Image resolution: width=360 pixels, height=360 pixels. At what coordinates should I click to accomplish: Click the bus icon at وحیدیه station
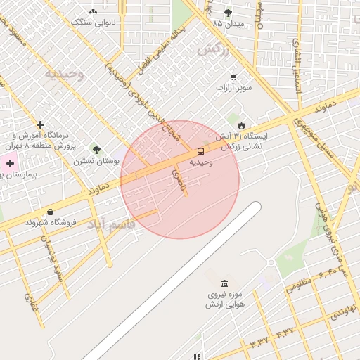[x=201, y=151]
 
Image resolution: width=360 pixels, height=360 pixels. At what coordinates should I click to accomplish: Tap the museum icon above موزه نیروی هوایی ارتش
[x=224, y=283]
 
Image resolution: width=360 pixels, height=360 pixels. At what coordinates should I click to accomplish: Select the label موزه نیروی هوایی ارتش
[x=224, y=300]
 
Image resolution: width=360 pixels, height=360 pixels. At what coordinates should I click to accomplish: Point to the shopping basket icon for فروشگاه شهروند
[x=50, y=212]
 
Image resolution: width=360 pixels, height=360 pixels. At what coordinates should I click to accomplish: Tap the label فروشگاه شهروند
[x=50, y=222]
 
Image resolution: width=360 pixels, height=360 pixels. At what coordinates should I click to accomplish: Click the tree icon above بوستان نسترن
[x=96, y=150]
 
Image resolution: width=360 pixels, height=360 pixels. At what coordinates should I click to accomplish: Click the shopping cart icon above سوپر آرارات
[x=233, y=77]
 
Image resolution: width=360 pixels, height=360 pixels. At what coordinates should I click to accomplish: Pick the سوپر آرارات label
[x=234, y=88]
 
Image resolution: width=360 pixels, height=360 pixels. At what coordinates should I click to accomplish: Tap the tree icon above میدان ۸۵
[x=228, y=13]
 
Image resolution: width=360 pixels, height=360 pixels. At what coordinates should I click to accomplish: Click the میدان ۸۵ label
[x=228, y=23]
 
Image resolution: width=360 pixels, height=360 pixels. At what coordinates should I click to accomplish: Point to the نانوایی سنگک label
[x=93, y=22]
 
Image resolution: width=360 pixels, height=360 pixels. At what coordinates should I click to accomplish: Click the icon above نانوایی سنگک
[x=93, y=11]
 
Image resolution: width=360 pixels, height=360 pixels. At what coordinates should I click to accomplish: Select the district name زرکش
[x=214, y=49]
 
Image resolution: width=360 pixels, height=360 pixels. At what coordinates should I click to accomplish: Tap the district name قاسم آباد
[x=106, y=225]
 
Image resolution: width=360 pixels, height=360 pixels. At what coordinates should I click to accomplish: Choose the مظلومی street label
[x=300, y=285]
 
